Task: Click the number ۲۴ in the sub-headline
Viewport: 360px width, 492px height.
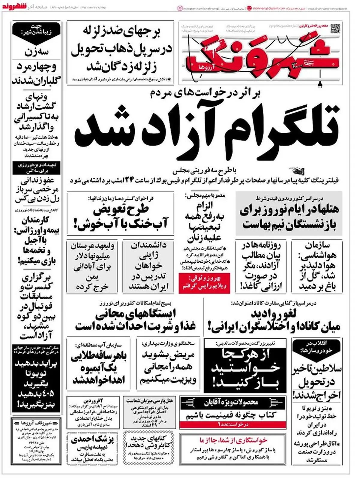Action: (129, 180)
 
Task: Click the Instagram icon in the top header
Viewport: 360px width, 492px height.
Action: (180, 8)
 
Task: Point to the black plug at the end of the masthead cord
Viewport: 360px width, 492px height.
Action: (320, 86)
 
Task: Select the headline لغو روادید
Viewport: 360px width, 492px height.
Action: (274, 314)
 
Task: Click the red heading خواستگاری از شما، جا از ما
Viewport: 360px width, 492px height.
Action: (233, 440)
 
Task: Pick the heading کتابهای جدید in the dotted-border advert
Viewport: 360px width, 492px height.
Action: (148, 438)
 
